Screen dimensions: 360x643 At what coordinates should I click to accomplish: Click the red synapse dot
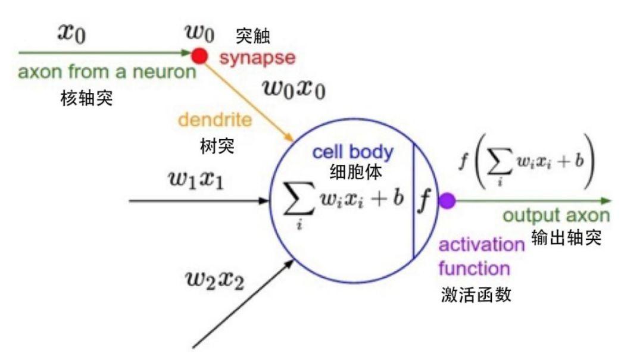(199, 57)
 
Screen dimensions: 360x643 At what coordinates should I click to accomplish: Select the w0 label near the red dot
(198, 33)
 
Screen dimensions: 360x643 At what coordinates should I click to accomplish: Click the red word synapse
(257, 58)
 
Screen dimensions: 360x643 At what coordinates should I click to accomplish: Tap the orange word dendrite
(215, 120)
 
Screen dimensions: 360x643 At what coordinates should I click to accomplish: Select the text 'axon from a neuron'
(107, 73)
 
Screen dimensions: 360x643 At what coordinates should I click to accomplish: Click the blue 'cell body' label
(352, 152)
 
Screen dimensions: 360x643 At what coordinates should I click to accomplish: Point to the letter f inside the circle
(424, 202)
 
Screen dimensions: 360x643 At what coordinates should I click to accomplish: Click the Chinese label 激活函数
(475, 294)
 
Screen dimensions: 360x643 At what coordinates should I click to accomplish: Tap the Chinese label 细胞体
(355, 172)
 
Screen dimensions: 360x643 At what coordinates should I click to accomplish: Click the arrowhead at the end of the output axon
(606, 201)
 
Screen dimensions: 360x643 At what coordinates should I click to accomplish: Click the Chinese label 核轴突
(86, 97)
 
